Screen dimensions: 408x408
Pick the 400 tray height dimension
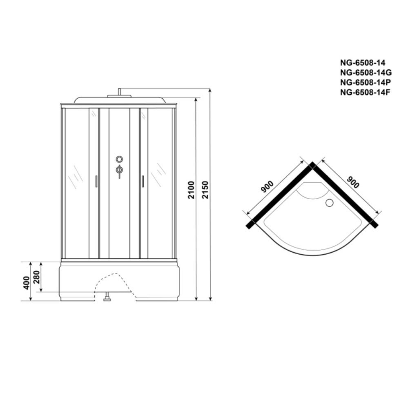point(26,282)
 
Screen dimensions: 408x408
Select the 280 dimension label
point(37,277)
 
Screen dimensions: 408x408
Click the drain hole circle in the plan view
point(329,202)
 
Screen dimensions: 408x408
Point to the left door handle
point(96,181)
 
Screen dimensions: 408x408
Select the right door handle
point(143,181)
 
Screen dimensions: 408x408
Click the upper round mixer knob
point(119,159)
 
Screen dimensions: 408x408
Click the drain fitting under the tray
point(107,298)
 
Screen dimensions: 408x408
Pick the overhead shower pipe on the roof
point(118,92)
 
